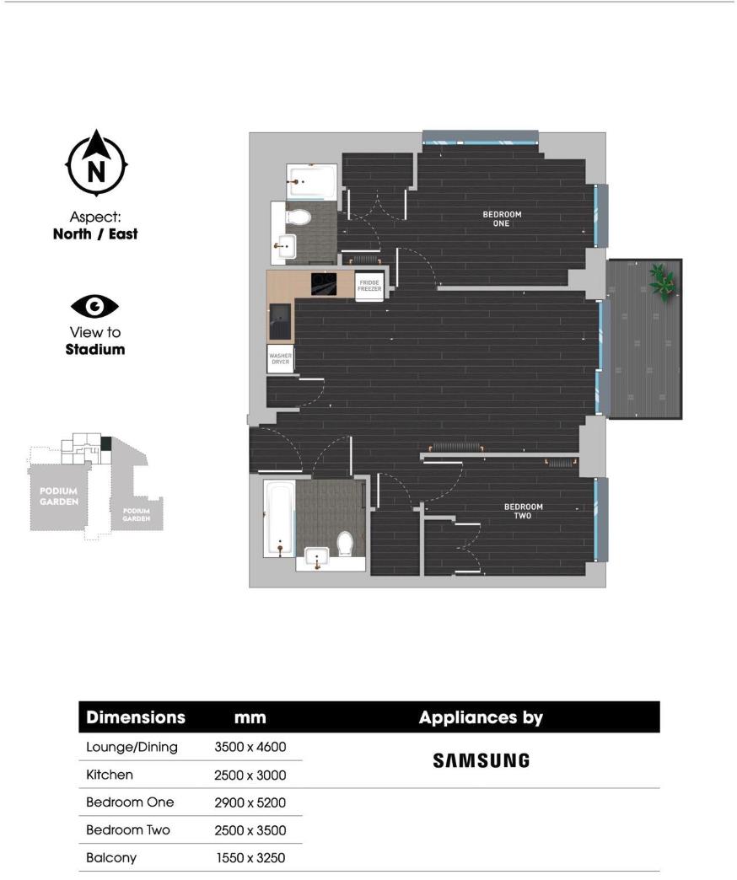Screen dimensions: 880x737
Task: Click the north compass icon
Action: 96,164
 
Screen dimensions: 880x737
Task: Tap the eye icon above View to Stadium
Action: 94,305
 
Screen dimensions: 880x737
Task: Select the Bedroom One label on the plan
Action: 502,219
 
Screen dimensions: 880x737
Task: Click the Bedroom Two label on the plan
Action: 523,511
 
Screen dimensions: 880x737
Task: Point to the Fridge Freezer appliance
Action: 369,286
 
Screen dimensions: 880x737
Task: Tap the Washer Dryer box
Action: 280,359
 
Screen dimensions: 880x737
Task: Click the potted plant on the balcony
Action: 662,282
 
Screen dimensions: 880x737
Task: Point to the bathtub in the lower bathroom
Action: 279,518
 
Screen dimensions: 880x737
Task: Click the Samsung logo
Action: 481,760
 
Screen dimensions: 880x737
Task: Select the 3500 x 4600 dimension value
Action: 250,747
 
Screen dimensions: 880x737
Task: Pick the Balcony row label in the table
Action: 111,858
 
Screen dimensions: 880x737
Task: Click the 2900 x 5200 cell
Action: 250,802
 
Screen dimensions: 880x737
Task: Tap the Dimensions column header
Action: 136,717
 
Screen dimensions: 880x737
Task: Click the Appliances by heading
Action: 481,717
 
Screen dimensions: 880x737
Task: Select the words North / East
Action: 95,234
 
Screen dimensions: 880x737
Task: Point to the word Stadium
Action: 95,349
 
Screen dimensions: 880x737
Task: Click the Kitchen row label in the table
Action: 110,775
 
